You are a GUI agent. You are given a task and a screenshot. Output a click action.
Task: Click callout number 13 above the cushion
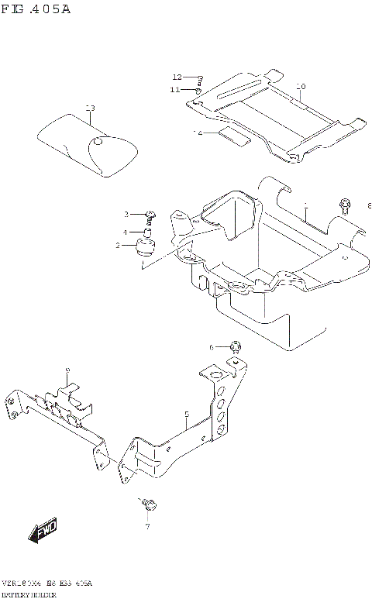coord(90,108)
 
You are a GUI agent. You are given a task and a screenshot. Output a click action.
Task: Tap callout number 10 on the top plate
coord(301,86)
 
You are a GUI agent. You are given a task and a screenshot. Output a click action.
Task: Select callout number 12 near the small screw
coord(177,77)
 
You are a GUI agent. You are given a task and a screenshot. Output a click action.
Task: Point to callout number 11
coord(175,90)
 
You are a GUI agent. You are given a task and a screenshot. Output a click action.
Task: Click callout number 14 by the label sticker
coord(198,133)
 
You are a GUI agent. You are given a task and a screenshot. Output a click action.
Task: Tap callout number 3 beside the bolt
coord(125,214)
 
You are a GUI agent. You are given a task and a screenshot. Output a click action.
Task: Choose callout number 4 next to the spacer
coord(124,232)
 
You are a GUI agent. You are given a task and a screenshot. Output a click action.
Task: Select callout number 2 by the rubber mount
coord(118,246)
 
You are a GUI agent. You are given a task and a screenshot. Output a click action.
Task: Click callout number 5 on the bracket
coord(187,415)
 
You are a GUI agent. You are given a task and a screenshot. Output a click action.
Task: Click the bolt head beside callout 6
coord(236,346)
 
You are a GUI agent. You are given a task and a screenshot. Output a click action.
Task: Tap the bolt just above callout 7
coord(151,505)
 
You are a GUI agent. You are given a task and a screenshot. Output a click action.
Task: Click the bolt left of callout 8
coord(344,205)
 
